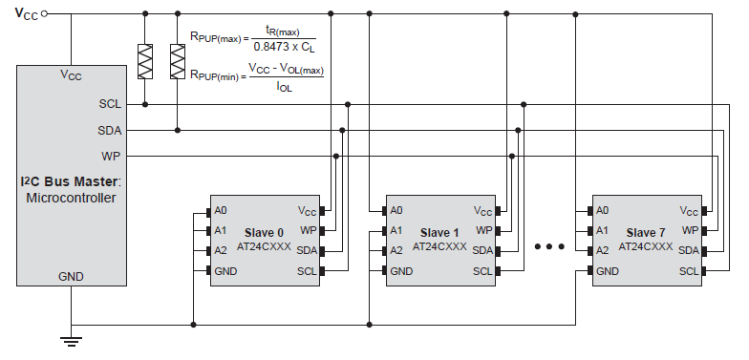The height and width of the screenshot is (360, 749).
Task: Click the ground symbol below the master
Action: click(71, 339)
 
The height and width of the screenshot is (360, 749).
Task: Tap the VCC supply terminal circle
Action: click(45, 14)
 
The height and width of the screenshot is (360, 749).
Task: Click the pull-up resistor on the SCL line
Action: click(145, 62)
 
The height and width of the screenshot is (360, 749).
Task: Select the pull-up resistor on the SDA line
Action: click(178, 62)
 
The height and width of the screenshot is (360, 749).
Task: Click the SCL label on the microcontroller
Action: click(110, 103)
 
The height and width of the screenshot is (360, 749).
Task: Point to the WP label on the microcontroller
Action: click(111, 155)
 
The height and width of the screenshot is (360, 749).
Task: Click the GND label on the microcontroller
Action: click(71, 277)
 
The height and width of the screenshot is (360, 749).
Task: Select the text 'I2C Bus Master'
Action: click(69, 181)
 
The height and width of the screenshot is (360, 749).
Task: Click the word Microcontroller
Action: click(71, 198)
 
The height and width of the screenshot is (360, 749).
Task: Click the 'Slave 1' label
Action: click(440, 232)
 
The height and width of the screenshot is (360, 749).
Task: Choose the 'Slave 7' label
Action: click(647, 232)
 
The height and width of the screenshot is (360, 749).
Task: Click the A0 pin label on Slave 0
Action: click(221, 210)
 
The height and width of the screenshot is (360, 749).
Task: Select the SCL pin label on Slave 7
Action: click(689, 271)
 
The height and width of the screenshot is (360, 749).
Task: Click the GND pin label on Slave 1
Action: click(402, 271)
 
